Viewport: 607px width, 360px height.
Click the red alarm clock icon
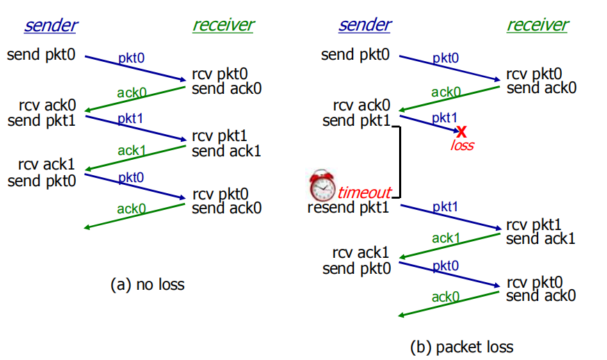click(322, 186)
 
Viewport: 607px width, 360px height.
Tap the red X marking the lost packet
click(461, 130)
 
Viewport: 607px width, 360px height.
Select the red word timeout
click(364, 193)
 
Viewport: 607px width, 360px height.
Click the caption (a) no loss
click(147, 284)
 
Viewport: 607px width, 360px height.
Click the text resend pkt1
click(349, 207)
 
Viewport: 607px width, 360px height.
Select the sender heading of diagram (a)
click(51, 26)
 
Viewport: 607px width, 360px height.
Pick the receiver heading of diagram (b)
click(537, 26)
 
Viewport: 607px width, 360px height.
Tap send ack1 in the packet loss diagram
click(541, 239)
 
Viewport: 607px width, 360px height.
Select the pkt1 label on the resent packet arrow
click(445, 207)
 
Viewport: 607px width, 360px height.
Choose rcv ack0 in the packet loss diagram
click(362, 106)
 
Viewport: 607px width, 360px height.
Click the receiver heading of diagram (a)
click(222, 26)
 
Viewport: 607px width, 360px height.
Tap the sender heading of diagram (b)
click(365, 26)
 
